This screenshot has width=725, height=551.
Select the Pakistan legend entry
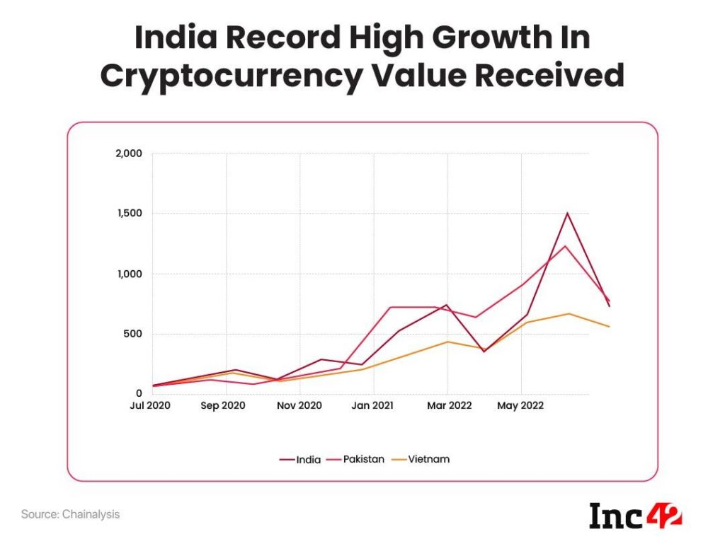click(358, 459)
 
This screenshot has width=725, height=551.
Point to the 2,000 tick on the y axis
click(128, 153)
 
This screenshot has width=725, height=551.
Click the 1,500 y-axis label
click(129, 214)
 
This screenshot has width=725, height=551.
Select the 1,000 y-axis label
click(129, 274)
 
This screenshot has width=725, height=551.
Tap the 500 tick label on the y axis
click(133, 334)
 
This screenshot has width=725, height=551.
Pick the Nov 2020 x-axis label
click(299, 406)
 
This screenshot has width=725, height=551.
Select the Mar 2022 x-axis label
click(447, 406)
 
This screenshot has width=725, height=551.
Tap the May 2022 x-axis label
click(520, 406)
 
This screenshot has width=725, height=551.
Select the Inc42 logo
click(635, 515)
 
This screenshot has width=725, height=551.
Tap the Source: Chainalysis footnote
click(70, 514)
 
